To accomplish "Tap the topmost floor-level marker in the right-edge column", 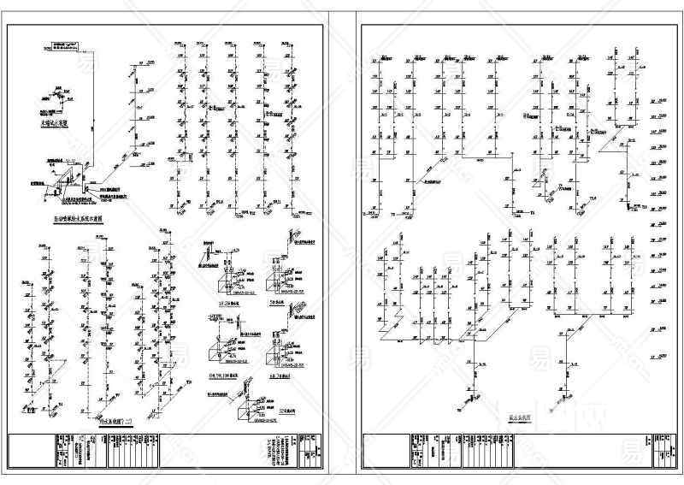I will click(658, 101).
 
